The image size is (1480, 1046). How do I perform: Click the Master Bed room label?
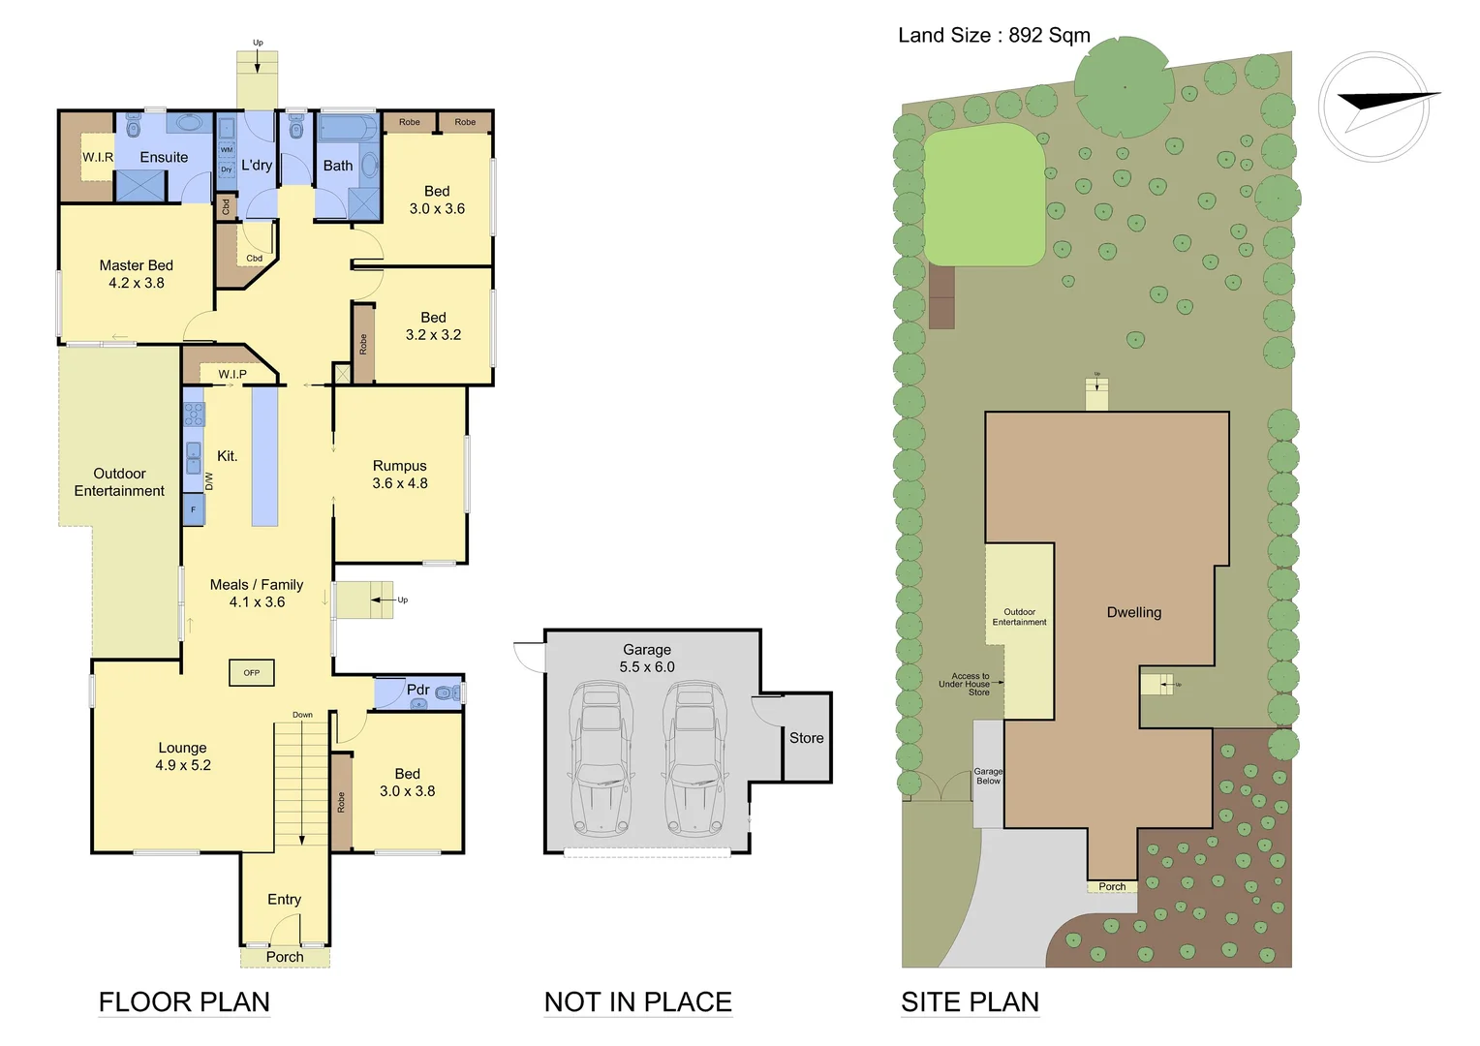tap(137, 274)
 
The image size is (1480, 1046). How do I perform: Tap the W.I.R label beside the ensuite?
tap(97, 157)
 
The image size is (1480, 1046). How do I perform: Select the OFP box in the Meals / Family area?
tap(252, 672)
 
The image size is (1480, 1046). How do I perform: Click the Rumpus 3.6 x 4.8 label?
tap(400, 475)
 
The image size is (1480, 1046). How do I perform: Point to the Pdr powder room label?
tap(417, 690)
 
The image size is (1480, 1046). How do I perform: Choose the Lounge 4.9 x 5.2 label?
tap(183, 756)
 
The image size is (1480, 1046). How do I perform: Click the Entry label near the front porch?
tap(284, 900)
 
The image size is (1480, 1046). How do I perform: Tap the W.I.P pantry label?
tap(232, 374)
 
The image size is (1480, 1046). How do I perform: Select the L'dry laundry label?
tap(257, 166)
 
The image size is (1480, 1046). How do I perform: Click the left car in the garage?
tap(601, 758)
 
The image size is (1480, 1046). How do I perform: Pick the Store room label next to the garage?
tap(806, 738)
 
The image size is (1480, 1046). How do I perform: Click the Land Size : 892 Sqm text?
tap(994, 36)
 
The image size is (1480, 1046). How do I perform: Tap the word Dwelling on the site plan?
tap(1134, 612)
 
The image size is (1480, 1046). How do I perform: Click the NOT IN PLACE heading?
tap(638, 1002)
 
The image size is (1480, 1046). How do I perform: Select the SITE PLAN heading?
tap(970, 1002)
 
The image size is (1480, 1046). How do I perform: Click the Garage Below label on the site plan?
tap(988, 776)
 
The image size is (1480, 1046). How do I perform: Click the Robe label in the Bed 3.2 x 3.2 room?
tap(363, 344)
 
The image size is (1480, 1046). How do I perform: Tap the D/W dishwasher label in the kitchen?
tap(208, 480)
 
